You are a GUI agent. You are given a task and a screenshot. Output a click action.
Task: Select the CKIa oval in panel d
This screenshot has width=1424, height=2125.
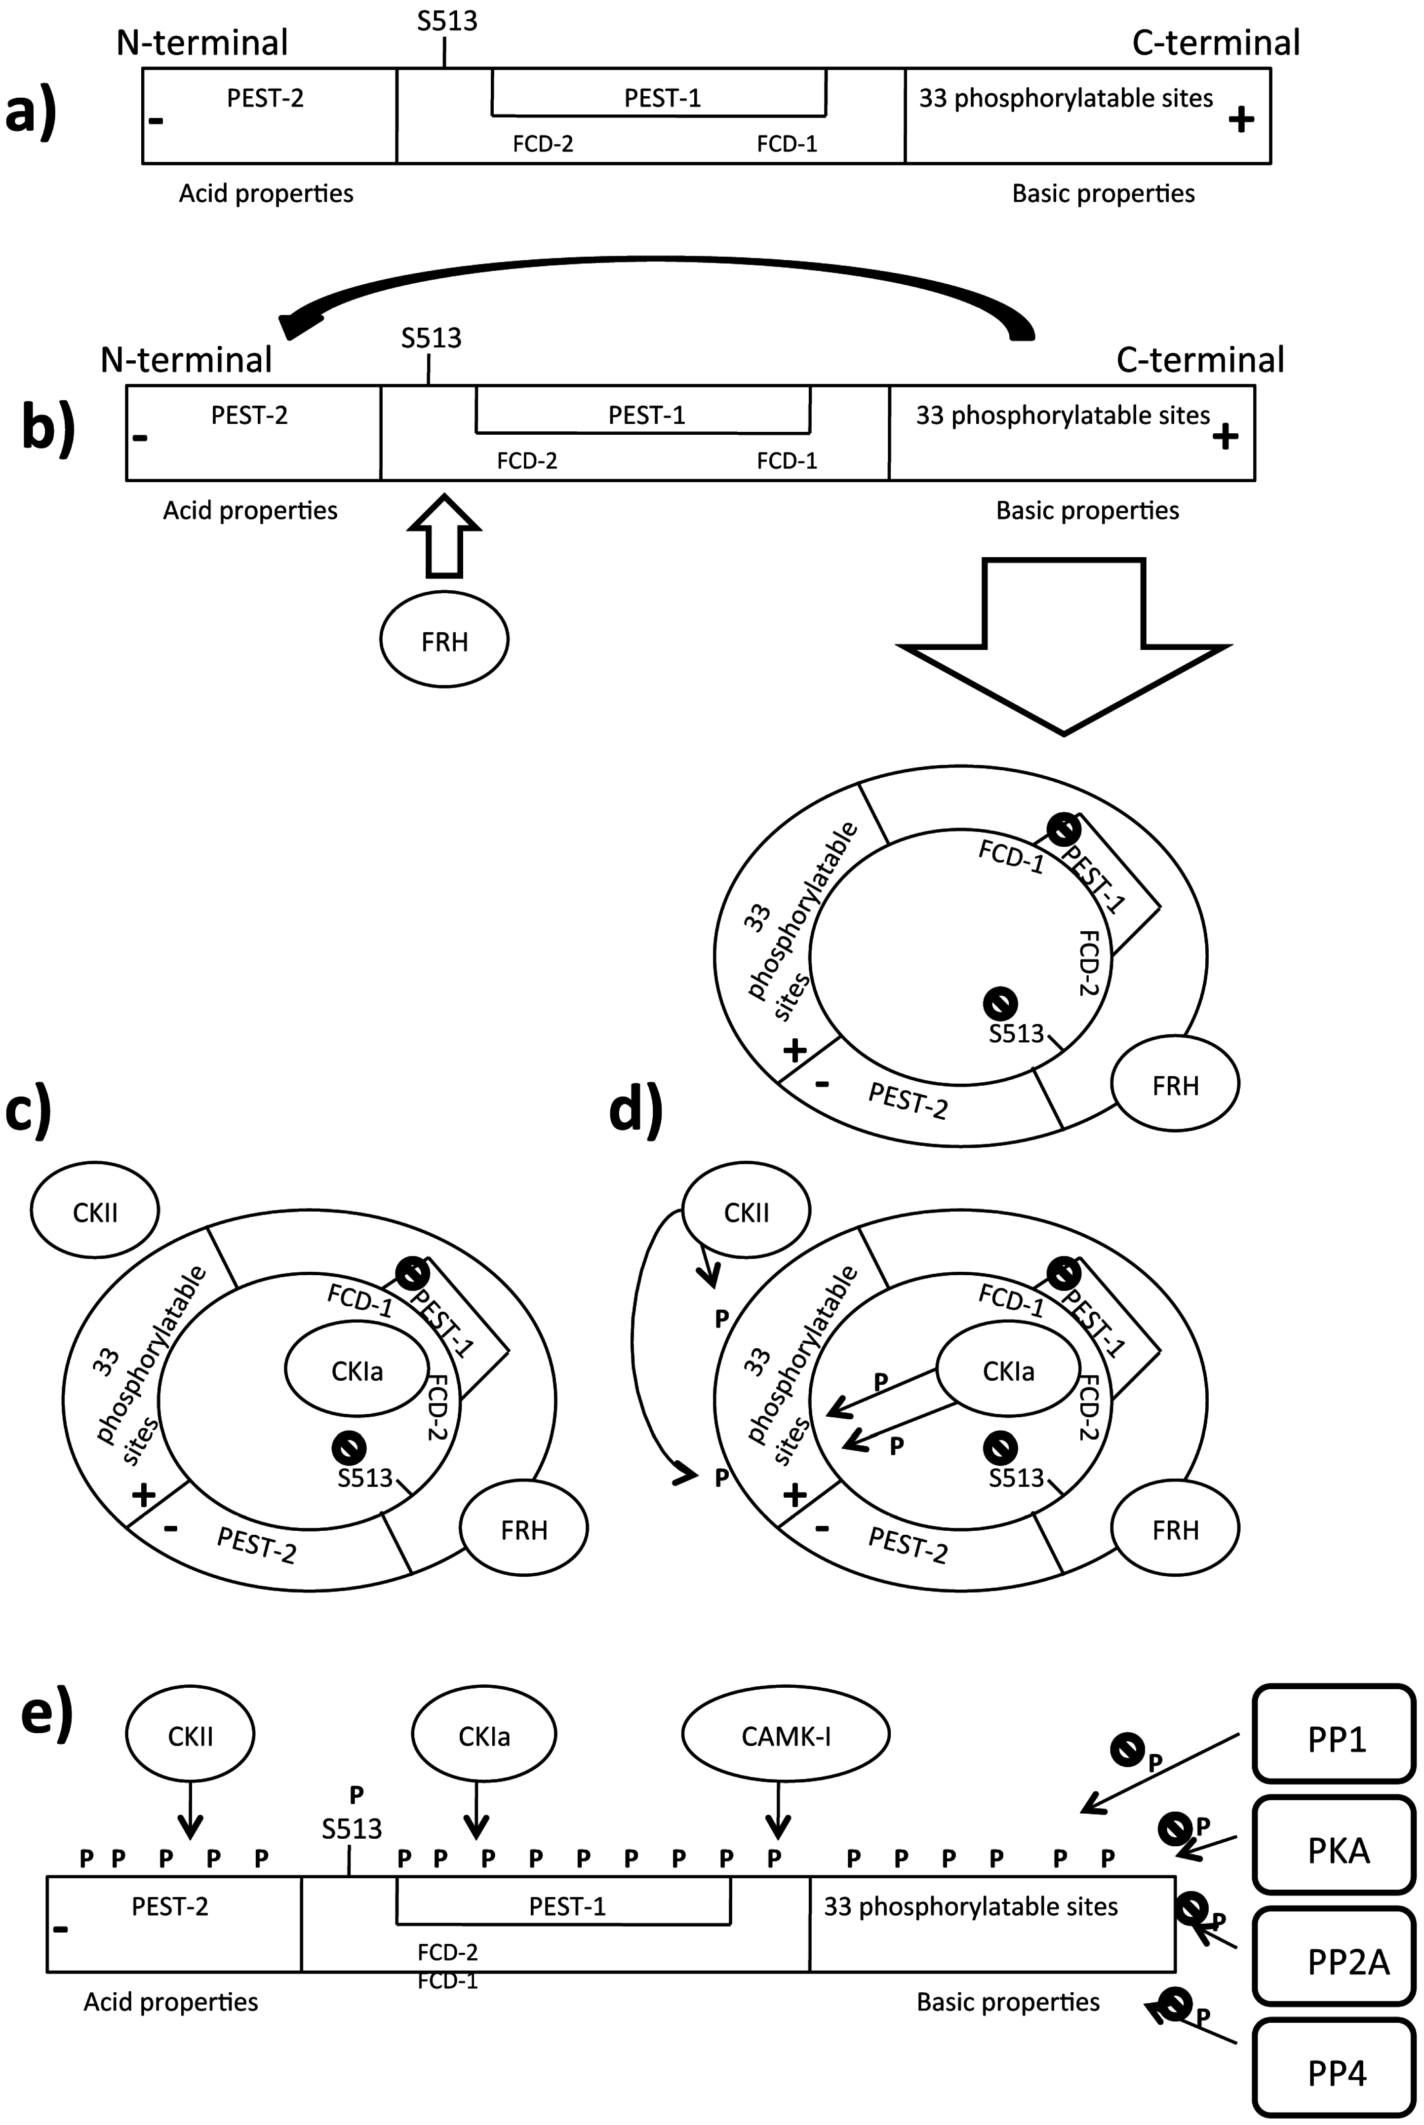click(x=1008, y=1370)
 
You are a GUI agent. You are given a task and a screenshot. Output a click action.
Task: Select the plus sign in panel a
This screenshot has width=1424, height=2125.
click(x=1240, y=119)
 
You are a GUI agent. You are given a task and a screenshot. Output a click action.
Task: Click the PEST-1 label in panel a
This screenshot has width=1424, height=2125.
click(x=662, y=98)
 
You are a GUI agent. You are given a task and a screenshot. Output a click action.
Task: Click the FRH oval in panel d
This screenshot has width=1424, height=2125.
click(x=1175, y=1530)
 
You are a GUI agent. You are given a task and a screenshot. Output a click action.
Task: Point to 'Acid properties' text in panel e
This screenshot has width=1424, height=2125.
click(x=171, y=2002)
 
